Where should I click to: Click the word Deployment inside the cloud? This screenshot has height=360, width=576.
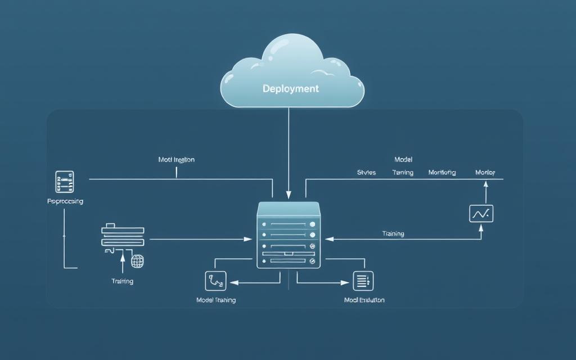290,89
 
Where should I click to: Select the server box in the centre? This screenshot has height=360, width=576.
288,235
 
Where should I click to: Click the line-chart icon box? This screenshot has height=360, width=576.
481,214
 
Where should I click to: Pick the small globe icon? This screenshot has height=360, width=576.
137,261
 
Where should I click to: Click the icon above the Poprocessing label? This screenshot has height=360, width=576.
64,182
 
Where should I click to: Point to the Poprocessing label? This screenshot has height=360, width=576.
65,201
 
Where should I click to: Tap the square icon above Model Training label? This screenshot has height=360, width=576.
215,281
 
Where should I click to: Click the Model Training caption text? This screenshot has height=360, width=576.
215,300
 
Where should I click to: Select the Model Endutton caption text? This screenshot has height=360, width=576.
364,300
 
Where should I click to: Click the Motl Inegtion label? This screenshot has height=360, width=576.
176,160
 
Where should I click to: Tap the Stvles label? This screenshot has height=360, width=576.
367,173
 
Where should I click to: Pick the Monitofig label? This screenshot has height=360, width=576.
442,173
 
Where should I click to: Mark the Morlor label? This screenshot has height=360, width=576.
485,173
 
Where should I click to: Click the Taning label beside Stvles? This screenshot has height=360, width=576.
403,173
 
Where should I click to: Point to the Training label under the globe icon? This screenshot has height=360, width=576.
123,281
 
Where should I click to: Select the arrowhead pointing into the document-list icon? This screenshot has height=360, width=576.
348,281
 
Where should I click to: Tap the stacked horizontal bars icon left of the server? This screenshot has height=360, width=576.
123,236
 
